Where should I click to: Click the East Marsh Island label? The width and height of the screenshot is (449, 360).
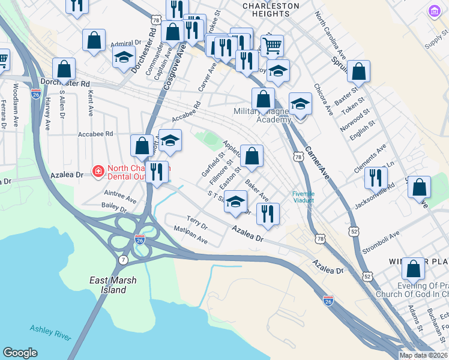pos(108,285)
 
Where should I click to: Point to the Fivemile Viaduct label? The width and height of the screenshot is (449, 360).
pos(303,197)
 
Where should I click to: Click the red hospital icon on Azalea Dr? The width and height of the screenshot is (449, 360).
pos(97,172)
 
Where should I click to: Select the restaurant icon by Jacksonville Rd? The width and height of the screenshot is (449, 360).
pos(376,177)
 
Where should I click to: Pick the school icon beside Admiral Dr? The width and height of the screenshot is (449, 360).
pos(124,57)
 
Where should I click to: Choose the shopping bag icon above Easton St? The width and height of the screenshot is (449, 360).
pos(252,155)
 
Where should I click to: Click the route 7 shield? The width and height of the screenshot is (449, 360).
pos(123,259)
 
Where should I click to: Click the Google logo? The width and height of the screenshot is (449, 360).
pos(20,353)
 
